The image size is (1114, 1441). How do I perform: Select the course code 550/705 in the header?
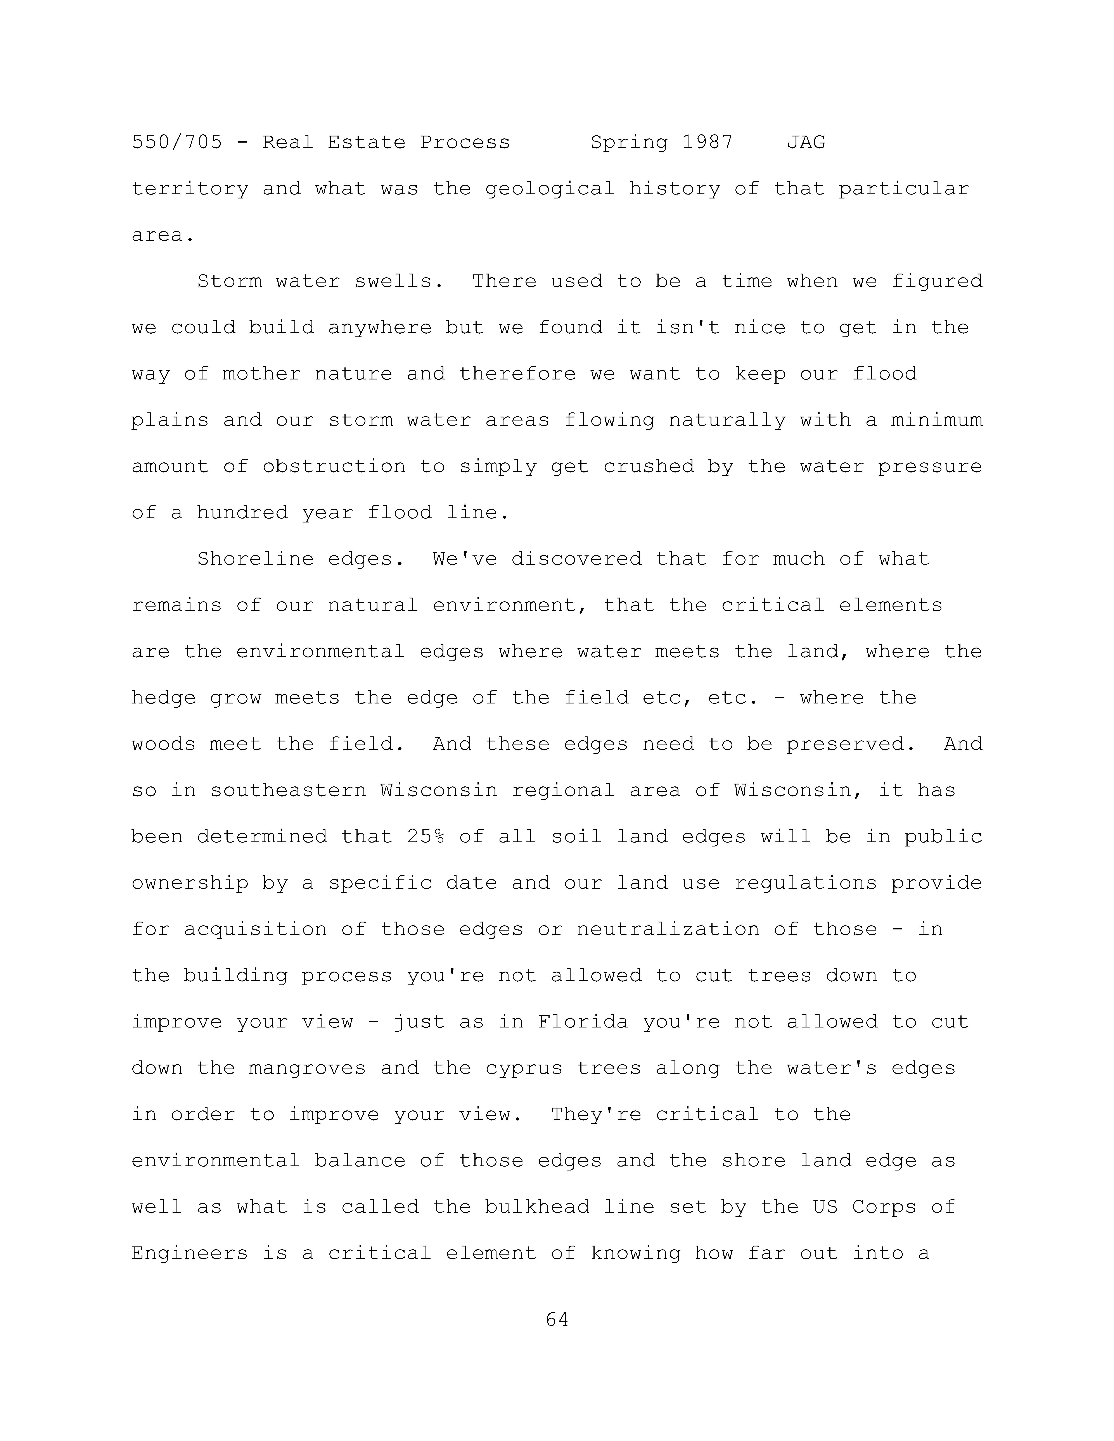[177, 143]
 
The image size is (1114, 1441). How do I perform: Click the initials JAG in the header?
[806, 143]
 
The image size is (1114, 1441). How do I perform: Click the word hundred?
[242, 513]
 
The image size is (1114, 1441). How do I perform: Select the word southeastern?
[288, 790]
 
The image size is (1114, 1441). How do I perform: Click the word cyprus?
[523, 1068]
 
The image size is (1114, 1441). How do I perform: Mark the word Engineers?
[190, 1253]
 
